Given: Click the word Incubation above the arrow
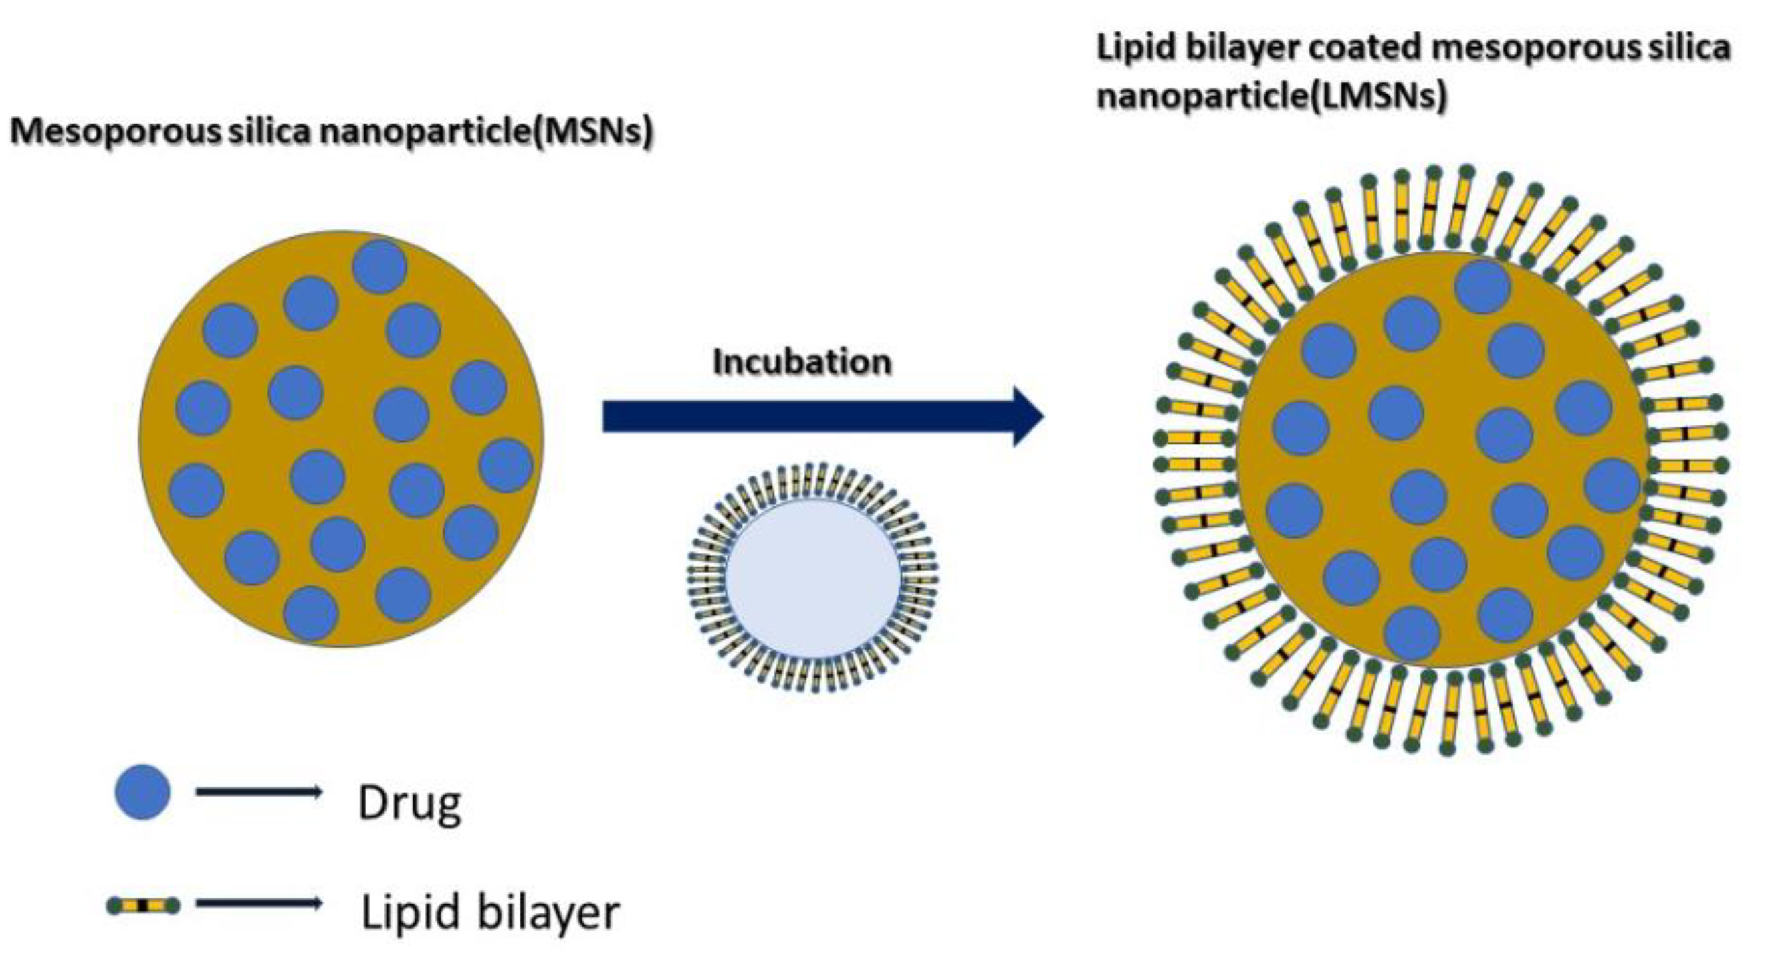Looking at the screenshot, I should coord(802,361).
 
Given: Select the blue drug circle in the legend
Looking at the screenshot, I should coord(142,792).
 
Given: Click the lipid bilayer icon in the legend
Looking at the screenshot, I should coord(143,906).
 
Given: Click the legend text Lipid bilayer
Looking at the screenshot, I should coord(490,911).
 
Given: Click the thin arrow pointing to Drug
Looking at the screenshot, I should coord(259,792).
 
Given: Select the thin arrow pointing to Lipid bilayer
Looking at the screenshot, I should coord(259,904).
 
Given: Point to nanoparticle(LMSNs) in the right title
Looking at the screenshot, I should coord(1271,95).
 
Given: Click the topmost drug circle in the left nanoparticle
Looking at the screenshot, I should coord(379,266).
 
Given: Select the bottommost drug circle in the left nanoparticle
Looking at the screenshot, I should coord(310,612).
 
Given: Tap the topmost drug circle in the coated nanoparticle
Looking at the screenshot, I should coord(1482,286).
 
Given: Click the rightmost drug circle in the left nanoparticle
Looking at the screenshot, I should coord(506,466).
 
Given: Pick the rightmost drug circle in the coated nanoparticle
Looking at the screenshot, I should coord(1612,485).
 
